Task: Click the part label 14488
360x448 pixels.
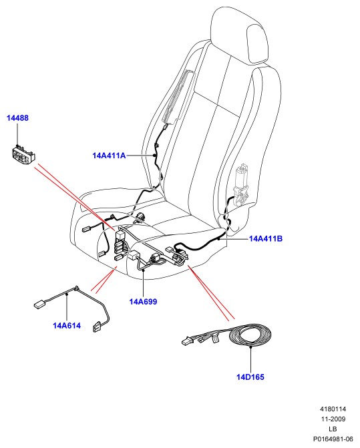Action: (18, 118)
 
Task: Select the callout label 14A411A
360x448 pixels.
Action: (109, 156)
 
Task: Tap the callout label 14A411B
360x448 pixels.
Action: (266, 238)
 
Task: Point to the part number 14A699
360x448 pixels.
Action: (143, 302)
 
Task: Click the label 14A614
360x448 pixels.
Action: (67, 325)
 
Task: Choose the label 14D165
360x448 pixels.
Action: (250, 377)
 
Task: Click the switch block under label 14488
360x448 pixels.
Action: (24, 155)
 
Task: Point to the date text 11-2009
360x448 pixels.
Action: (333, 419)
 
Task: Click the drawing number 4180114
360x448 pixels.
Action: (333, 409)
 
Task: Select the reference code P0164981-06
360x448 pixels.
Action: (333, 439)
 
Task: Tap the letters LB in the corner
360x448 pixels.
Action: (333, 429)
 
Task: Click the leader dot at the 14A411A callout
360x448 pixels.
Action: (154, 156)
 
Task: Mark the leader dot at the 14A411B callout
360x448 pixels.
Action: (218, 239)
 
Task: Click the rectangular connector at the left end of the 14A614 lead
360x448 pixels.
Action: (39, 304)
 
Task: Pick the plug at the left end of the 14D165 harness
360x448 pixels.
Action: (186, 341)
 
